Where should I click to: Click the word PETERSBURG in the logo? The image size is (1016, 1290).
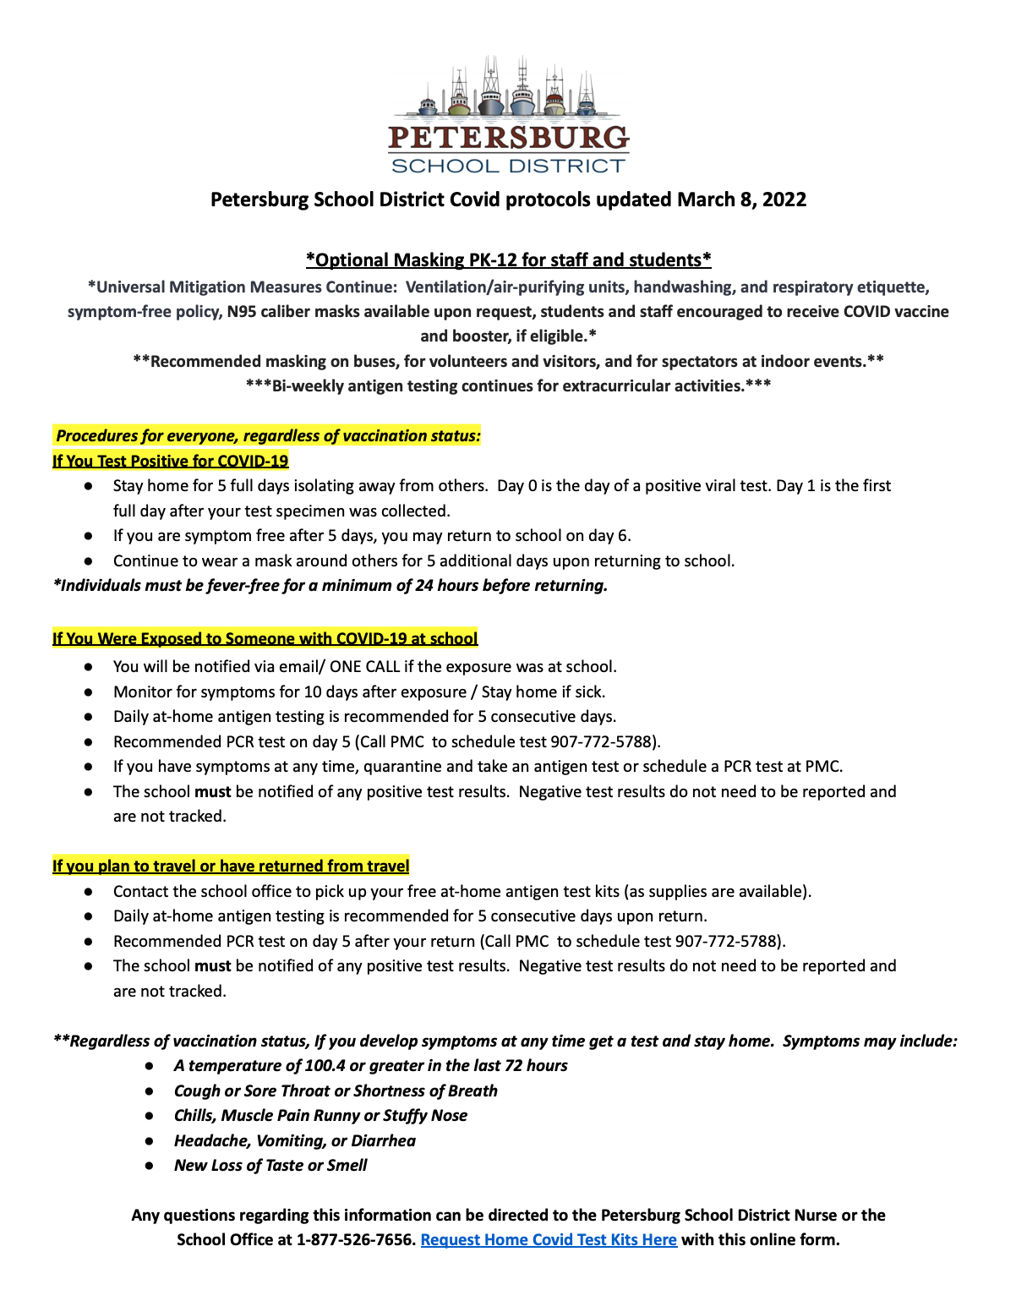pyautogui.click(x=508, y=139)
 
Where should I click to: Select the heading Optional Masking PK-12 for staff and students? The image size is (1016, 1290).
pyautogui.click(x=508, y=260)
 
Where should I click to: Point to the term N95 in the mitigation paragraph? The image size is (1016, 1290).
pyautogui.click(x=243, y=312)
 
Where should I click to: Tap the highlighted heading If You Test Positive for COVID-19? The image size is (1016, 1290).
pyautogui.click(x=170, y=461)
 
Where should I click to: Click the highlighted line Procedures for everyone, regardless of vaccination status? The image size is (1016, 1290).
pyautogui.click(x=267, y=436)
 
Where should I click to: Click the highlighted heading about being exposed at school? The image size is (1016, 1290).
pyautogui.click(x=265, y=638)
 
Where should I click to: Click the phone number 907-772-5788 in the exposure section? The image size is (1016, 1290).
pyautogui.click(x=606, y=742)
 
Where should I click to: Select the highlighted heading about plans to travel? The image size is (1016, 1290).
pyautogui.click(x=231, y=866)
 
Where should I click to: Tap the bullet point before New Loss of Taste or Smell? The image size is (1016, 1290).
pyautogui.click(x=150, y=1166)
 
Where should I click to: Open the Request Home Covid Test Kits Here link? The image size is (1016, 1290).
pyautogui.click(x=549, y=1240)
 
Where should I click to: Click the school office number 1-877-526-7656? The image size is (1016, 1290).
pyautogui.click(x=356, y=1240)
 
